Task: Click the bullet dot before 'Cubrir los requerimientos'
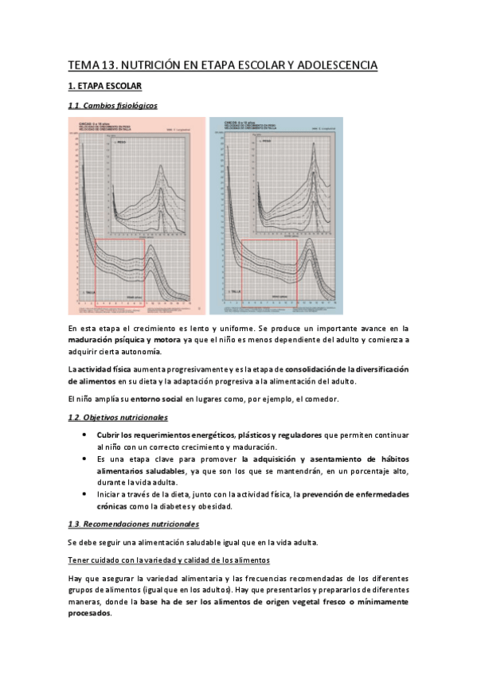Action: tap(85, 435)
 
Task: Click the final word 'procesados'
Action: tap(89, 614)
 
